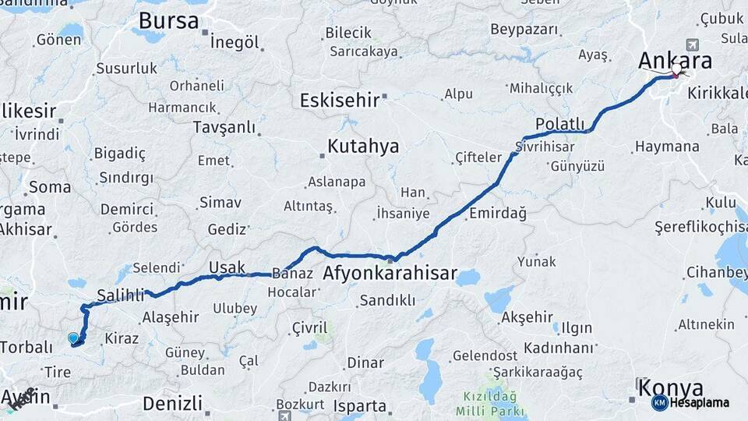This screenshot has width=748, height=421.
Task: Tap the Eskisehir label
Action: pos(340,100)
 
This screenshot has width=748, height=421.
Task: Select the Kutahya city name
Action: pos(362,146)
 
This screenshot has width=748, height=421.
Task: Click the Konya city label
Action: pos(669,387)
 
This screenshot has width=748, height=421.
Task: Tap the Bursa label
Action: pos(168,21)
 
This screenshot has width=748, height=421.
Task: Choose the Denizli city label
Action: pos(172,403)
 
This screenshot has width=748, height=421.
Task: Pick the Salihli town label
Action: pos(121,295)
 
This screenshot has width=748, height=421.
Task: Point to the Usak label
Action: pos(227,268)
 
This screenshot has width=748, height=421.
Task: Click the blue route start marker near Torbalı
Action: pos(73,338)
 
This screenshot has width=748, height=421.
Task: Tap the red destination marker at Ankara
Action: pos(676,75)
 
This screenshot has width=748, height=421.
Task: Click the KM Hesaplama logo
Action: pos(690,402)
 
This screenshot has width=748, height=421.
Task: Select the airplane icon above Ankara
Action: pos(692,44)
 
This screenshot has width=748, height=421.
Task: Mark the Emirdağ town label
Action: pos(497,213)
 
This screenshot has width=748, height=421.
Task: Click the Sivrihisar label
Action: pos(550,146)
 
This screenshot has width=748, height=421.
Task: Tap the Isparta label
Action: pos(359,406)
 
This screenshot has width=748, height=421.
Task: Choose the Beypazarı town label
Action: pos(524,30)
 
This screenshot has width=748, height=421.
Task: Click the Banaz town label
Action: pos(292,274)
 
